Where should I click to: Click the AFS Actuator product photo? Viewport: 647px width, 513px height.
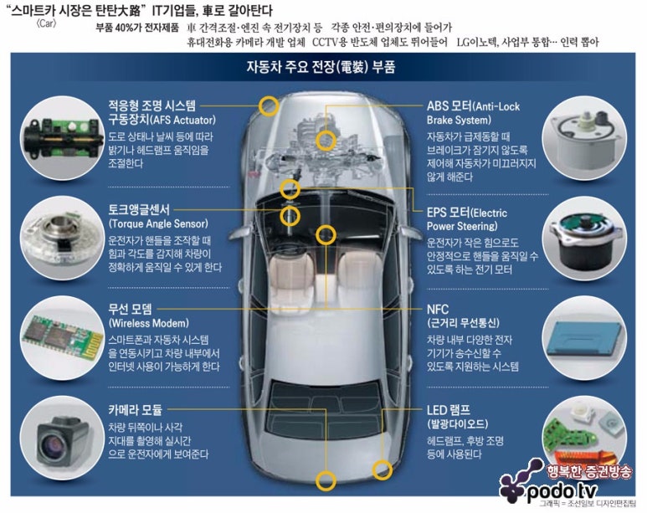[x=62, y=137]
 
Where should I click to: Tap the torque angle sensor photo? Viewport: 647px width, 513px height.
[x=62, y=237]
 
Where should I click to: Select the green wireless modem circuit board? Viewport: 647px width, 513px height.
[x=63, y=338]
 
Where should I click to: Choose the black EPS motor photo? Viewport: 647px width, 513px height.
[x=585, y=239]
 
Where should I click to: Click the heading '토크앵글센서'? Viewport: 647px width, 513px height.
[x=139, y=210]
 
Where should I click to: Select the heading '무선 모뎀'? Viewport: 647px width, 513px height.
[x=131, y=309]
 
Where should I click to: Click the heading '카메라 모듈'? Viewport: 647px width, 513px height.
[x=136, y=410]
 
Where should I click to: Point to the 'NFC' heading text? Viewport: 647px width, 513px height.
[x=438, y=309]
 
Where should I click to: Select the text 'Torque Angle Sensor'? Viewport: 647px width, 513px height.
[x=158, y=223]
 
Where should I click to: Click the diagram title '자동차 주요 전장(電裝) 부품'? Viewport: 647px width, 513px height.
[x=321, y=66]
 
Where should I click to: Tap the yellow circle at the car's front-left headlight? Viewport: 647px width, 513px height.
[x=269, y=105]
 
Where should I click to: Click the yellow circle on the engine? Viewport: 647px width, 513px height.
[x=326, y=141]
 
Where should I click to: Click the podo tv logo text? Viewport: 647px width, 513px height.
[x=562, y=490]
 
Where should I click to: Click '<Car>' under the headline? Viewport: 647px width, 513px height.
[x=46, y=23]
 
